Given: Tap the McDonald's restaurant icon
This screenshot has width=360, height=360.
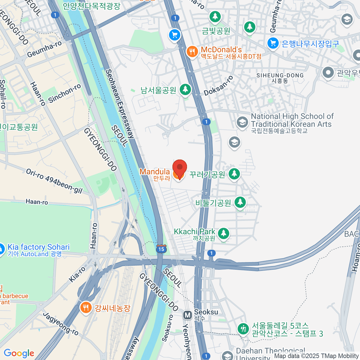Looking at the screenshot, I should pyautogui.click(x=192, y=52).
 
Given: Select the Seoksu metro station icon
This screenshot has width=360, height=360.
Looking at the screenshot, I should pyautogui.click(x=188, y=315).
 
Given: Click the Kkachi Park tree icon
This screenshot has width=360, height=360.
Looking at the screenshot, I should pyautogui.click(x=223, y=233).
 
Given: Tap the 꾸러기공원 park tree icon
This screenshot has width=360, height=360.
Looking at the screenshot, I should pyautogui.click(x=234, y=174).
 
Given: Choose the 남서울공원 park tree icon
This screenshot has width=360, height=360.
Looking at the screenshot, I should pyautogui.click(x=185, y=89).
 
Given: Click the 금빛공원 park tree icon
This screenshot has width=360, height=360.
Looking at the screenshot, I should pyautogui.click(x=215, y=16).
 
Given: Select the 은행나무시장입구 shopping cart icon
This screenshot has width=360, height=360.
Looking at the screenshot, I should pyautogui.click(x=273, y=43).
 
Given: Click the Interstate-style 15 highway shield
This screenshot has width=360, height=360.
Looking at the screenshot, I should pyautogui.click(x=161, y=249).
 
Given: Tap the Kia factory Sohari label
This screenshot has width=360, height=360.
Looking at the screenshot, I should pyautogui.click(x=38, y=247).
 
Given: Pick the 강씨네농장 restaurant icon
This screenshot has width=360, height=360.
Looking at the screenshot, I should pyautogui.click(x=86, y=307).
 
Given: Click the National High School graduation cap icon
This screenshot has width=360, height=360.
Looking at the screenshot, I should pyautogui.click(x=242, y=122).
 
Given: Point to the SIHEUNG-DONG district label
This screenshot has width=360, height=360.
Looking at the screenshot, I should pyautogui.click(x=280, y=76).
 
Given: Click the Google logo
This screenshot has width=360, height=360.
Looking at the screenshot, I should pyautogui.click(x=19, y=353).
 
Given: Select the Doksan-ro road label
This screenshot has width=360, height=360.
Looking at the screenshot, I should pyautogui.click(x=218, y=86).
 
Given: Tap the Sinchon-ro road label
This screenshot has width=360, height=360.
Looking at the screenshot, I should pyautogui.click(x=64, y=93).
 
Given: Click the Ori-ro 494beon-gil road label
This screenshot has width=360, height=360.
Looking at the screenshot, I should pyautogui.click(x=54, y=181).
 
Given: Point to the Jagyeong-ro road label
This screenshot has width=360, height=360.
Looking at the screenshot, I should pyautogui.click(x=61, y=324).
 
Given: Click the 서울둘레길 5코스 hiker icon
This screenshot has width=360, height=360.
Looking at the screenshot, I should pyautogui.click(x=243, y=329).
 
